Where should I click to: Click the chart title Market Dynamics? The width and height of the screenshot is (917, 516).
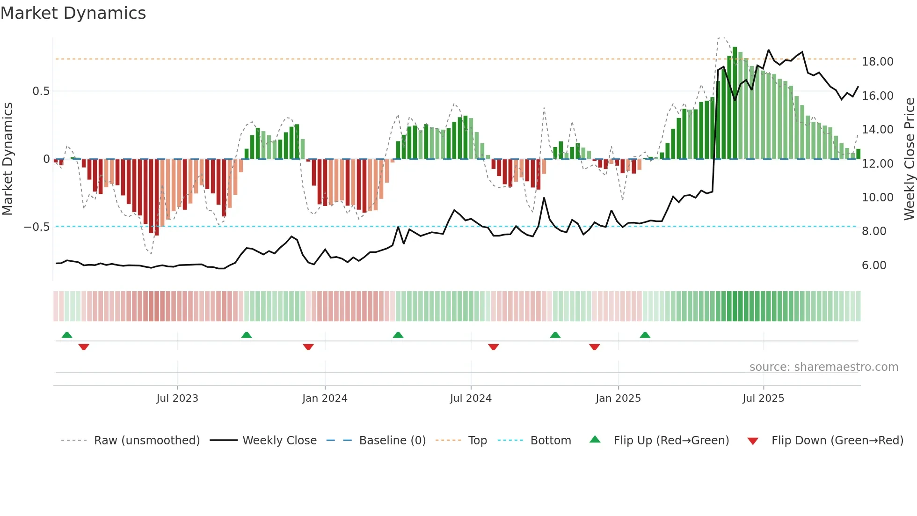[73, 13]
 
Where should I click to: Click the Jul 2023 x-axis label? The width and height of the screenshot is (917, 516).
[177, 398]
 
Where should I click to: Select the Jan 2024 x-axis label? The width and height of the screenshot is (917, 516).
[325, 398]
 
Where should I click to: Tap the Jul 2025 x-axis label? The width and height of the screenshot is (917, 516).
[763, 398]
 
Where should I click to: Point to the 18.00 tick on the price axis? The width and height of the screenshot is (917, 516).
[877, 62]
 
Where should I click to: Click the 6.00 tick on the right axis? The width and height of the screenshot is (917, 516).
[874, 265]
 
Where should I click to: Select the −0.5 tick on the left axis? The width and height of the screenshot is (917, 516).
[37, 227]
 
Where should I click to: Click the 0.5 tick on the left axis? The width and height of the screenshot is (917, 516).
[41, 91]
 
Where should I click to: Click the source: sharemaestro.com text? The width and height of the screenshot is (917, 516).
[823, 367]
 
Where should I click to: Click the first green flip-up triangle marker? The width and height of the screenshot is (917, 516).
[67, 335]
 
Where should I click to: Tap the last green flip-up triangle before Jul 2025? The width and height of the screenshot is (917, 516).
[645, 335]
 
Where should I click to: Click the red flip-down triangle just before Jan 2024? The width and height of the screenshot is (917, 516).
[308, 347]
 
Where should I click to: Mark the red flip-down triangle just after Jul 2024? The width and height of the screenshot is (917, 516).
[494, 347]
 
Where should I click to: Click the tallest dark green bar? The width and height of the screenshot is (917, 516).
[735, 103]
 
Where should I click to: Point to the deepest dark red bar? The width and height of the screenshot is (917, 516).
[157, 197]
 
